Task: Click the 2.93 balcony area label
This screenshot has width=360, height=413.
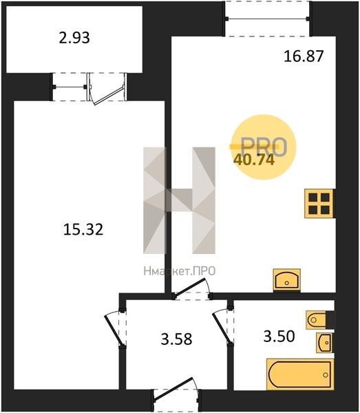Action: tap(74, 38)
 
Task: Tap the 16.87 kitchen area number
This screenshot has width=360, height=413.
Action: tap(304, 56)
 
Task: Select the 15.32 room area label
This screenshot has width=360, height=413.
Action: tap(83, 229)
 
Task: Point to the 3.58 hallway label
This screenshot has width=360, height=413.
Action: tap(176, 339)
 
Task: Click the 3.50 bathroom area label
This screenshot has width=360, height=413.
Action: tap(279, 337)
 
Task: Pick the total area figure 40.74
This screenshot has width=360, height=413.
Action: tap(254, 160)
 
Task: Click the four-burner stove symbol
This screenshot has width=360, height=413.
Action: tap(319, 204)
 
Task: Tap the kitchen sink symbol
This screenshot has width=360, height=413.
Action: tap(287, 280)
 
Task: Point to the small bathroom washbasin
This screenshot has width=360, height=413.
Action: tap(325, 343)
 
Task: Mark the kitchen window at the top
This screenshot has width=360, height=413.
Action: tap(268, 19)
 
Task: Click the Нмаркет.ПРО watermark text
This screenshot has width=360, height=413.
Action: tap(180, 271)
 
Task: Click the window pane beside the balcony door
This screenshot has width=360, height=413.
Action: tap(70, 87)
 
